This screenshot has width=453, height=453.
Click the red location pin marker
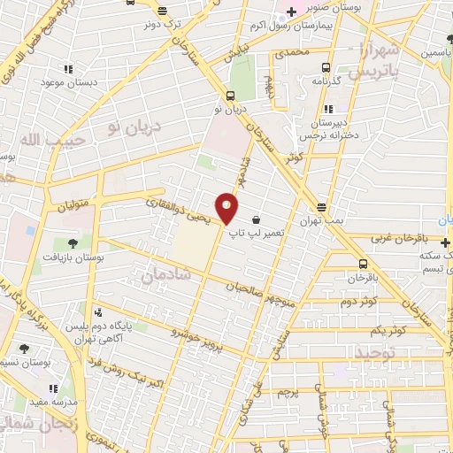click(227, 209)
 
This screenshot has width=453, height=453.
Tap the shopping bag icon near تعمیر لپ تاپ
click(257, 219)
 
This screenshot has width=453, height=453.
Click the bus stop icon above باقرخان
click(364, 263)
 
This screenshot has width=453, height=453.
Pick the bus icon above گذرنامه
click(325, 67)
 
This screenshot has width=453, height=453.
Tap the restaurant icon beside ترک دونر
click(162, 11)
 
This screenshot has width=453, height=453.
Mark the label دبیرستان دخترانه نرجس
click(339, 127)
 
